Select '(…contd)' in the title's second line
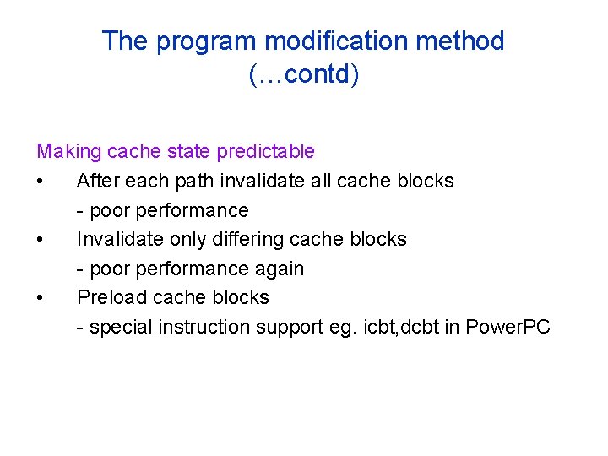click(x=303, y=75)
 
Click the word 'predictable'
click(x=266, y=152)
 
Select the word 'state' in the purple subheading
click(x=188, y=152)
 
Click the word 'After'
click(x=96, y=181)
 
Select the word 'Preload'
click(x=108, y=297)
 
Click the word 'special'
click(x=117, y=327)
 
